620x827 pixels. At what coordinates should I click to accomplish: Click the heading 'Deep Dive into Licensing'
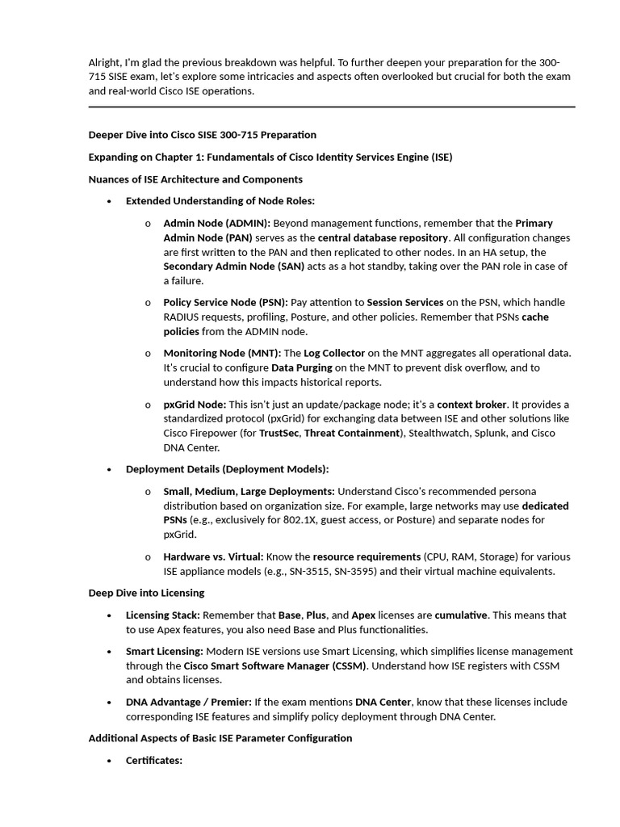click(146, 593)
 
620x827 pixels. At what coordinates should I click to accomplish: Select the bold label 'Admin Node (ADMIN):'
click(216, 223)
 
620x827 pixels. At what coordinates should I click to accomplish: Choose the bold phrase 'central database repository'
click(383, 237)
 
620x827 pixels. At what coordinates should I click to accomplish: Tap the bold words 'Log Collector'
click(334, 353)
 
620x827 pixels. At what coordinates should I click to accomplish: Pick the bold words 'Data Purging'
click(302, 367)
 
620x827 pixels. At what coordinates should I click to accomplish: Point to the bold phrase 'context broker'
click(472, 404)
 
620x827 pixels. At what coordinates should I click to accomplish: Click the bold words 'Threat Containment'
click(352, 433)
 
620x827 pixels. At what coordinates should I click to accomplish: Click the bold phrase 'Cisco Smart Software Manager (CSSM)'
click(274, 665)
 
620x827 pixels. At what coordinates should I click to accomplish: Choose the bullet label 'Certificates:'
click(154, 760)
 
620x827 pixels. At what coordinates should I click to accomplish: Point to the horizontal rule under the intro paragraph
click(331, 107)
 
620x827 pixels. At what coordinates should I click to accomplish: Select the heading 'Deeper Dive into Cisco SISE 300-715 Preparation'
click(202, 135)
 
